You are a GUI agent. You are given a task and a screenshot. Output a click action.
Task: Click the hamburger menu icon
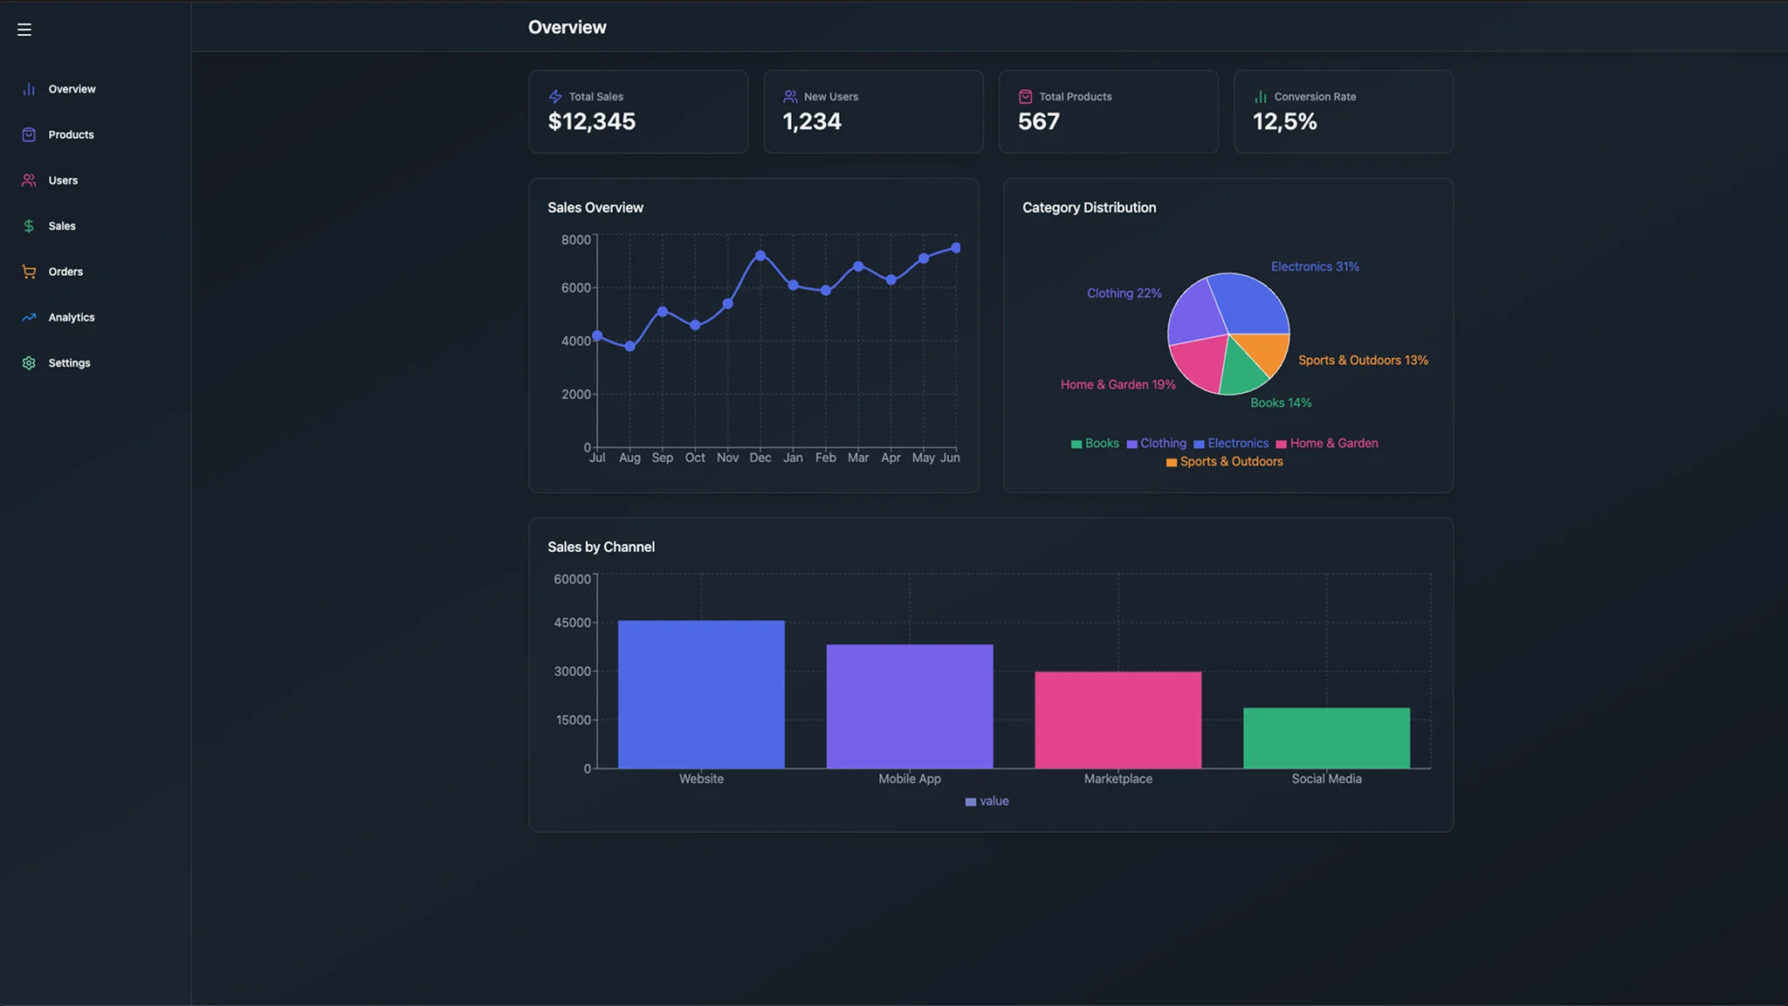point(24,30)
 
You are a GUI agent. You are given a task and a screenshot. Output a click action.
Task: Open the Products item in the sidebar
point(71,134)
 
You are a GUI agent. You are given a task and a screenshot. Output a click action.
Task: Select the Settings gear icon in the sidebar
point(29,363)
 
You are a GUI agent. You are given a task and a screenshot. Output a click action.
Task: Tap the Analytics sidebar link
point(71,318)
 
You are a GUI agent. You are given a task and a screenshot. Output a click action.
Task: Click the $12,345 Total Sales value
point(591,121)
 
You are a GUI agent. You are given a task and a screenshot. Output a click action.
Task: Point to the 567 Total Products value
point(1038,121)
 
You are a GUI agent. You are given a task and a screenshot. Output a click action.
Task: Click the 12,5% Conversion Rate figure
point(1284,121)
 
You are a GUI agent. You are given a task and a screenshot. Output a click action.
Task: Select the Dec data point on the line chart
point(760,256)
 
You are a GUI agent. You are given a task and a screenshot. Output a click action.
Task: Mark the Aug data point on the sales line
point(629,347)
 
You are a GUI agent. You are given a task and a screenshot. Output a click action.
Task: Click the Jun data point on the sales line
point(956,248)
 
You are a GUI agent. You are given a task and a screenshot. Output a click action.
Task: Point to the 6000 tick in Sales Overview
point(576,288)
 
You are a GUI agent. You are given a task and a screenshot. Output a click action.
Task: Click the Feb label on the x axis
point(825,458)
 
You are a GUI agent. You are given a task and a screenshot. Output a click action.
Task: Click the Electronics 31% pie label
point(1315,266)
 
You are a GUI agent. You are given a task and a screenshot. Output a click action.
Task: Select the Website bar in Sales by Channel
point(701,694)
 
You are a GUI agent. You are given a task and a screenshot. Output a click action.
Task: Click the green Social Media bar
point(1326,738)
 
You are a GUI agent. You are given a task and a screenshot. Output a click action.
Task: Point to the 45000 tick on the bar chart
point(572,623)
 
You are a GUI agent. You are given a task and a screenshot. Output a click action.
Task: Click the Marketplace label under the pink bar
point(1117,779)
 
